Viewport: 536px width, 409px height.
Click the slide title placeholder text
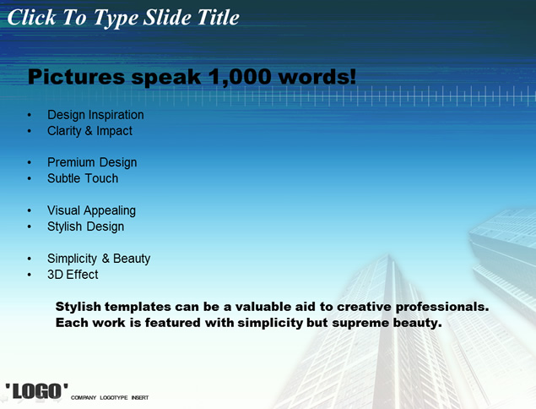(123, 18)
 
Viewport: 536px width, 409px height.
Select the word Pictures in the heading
(76, 77)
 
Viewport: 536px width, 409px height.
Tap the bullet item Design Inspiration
(95, 115)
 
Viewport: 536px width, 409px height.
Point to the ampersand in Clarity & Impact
(89, 131)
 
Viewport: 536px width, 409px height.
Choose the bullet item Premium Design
(92, 162)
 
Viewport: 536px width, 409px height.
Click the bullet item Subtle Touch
(83, 178)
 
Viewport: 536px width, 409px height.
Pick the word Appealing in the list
(110, 210)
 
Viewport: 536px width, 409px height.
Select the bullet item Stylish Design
(85, 226)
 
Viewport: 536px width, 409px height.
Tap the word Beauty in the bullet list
(132, 259)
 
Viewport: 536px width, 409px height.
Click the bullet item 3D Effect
(73, 275)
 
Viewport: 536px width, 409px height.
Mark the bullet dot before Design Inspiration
(30, 115)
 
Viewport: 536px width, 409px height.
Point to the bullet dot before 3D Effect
(30, 275)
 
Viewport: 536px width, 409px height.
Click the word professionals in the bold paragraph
(442, 307)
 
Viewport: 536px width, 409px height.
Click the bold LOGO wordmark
(36, 391)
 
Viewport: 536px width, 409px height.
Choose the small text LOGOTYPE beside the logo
(114, 398)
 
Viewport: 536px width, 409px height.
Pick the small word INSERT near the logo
(140, 398)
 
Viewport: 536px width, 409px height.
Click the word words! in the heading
(317, 77)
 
